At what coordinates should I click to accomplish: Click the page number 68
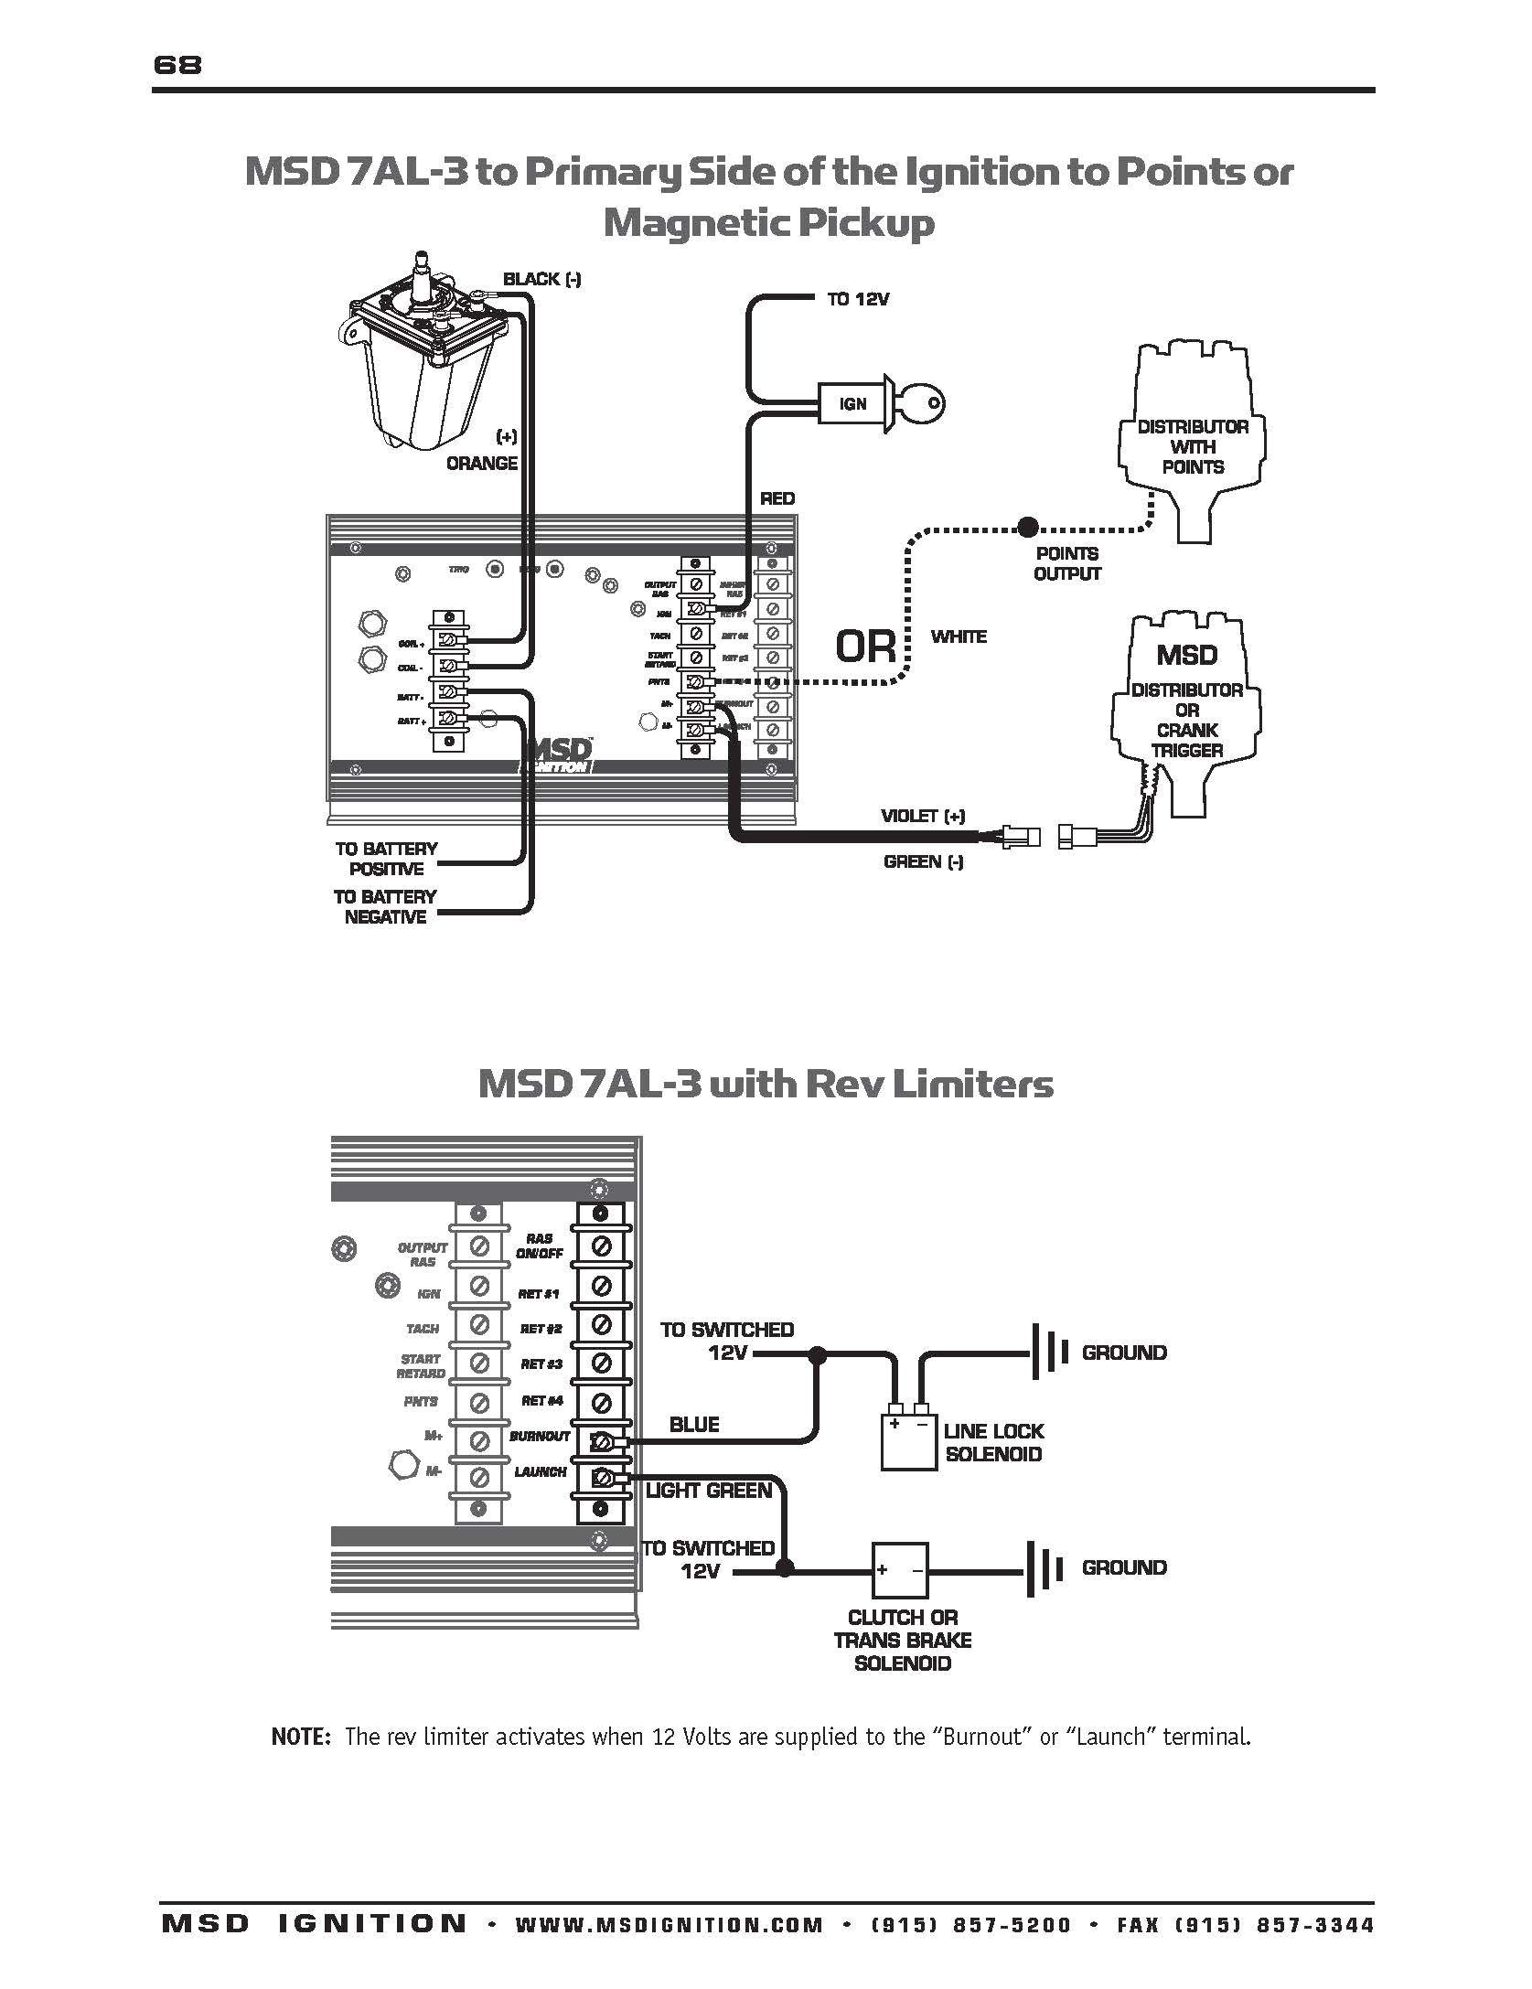pos(177,65)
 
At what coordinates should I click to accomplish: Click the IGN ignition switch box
pos(852,403)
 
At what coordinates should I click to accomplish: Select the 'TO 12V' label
pos(858,299)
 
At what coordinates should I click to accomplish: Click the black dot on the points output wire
pos(1028,527)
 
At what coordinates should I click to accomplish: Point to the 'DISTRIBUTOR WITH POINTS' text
pos(1192,446)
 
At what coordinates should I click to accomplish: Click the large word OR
pos(865,646)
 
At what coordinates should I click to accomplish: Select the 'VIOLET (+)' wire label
pos(922,816)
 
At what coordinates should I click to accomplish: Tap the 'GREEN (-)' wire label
pos(923,861)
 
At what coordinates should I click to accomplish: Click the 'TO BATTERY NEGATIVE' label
pos(385,906)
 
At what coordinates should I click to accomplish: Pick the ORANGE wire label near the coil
pos(481,463)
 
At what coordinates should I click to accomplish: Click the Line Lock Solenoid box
pos(909,1442)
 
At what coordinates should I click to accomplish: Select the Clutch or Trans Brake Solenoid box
pos(899,1572)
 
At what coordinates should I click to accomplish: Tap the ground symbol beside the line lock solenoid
pos(1049,1353)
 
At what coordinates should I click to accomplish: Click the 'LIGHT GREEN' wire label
pos(709,1491)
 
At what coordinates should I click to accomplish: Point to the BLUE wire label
pos(694,1424)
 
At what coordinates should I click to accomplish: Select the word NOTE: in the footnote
pos(300,1737)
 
